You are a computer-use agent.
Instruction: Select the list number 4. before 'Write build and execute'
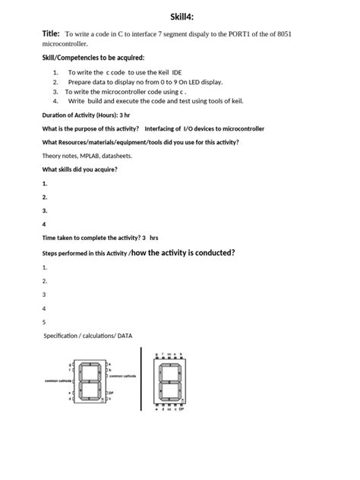tap(56, 100)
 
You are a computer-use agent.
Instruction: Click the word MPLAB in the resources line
tap(92, 155)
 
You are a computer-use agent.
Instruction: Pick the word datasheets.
tap(119, 155)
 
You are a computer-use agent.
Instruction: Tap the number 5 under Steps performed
tap(45, 321)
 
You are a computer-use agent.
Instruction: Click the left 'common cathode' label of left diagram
tap(58, 381)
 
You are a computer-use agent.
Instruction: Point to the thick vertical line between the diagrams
tap(141, 377)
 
